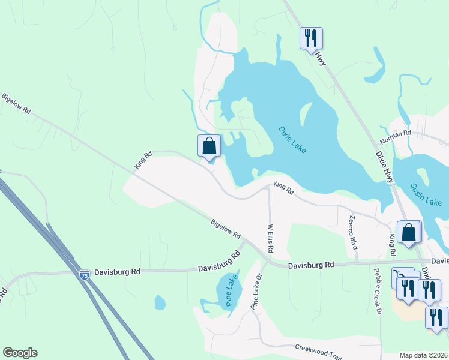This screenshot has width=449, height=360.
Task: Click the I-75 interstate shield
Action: (x=85, y=274)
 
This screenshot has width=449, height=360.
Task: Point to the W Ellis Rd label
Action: (x=270, y=238)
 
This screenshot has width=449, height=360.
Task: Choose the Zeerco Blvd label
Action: (x=352, y=232)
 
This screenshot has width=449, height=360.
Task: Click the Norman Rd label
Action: (x=395, y=137)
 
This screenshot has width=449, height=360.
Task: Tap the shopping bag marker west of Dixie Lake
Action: (x=209, y=146)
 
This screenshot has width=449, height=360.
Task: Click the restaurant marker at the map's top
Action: (x=311, y=38)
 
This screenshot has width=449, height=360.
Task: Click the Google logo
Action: (x=20, y=353)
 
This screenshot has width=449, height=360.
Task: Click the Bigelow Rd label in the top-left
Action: (x=16, y=103)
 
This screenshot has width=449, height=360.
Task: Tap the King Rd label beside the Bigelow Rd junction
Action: (x=143, y=160)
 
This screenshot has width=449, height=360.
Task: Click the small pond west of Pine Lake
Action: (x=160, y=302)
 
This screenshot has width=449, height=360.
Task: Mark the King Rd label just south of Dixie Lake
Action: (x=283, y=188)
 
